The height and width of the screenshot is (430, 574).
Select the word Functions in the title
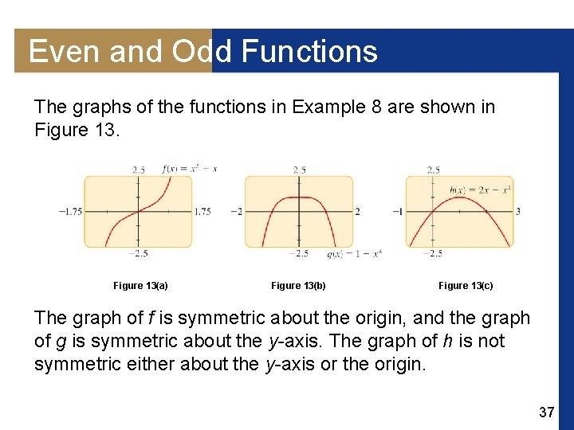coord(309,52)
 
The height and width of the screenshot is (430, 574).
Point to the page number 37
coord(546,412)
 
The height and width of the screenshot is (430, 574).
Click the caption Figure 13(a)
coord(140,285)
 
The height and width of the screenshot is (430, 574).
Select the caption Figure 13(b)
coord(298,285)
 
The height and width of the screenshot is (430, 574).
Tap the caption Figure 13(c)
coord(466,285)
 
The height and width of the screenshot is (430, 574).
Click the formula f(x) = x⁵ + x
coord(189,168)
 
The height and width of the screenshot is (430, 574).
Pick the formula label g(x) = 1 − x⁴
coord(354,254)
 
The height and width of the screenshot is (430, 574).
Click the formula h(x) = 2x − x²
coord(480,189)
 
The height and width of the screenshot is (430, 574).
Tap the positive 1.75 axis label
coord(203,212)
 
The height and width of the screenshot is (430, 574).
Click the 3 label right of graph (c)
coord(518,212)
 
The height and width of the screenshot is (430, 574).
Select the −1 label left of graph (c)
coord(397,212)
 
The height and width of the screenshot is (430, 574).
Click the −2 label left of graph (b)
coord(236,212)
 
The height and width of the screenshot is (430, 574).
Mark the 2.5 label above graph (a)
coord(139,170)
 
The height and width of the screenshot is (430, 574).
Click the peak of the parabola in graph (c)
coord(460,197)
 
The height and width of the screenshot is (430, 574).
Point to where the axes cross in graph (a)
coord(139,211)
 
